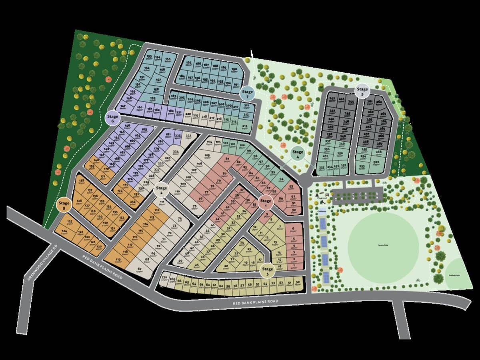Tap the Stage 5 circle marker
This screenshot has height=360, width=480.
point(362,92)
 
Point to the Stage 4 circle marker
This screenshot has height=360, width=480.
point(298,153)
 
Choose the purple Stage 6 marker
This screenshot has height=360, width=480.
point(113,118)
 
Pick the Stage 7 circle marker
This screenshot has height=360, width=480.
point(247,93)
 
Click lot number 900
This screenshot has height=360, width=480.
point(376,162)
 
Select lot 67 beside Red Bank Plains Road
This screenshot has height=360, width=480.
point(139,269)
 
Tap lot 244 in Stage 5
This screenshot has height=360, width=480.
point(351,102)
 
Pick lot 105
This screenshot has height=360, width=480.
point(207,156)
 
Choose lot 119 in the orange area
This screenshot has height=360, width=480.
point(118,260)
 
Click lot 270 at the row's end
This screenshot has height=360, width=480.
point(164,278)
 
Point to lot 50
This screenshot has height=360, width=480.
point(297,283)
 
